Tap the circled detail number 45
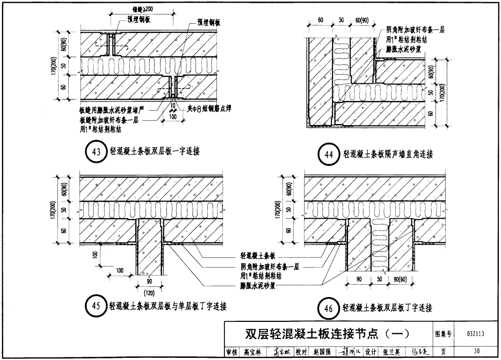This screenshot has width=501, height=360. click(x=95, y=307)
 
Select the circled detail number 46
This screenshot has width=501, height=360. click(x=326, y=308)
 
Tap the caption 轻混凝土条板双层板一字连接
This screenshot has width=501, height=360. click(x=154, y=152)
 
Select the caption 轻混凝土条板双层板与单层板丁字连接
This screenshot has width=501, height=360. click(x=168, y=307)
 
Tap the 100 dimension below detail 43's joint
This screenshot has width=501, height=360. click(x=172, y=116)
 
